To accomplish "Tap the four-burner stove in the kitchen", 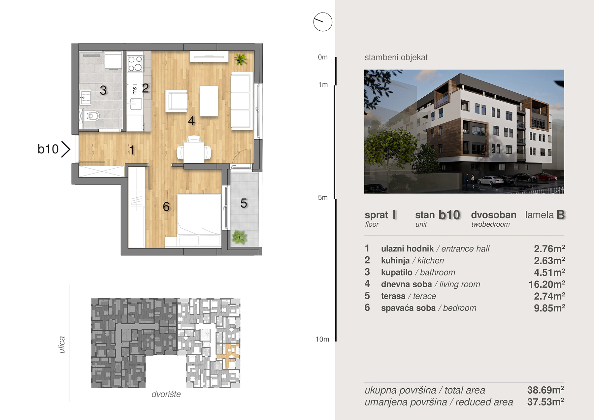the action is point(135,63).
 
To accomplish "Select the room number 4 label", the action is point(191,121).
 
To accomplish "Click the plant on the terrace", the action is point(239,237).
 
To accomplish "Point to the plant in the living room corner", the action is point(241,59).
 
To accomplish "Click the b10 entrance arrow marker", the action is point(66,149).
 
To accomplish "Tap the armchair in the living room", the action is point(176,101).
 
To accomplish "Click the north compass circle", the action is point(323,22).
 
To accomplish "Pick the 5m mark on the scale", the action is point(323,198).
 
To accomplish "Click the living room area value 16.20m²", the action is point(547,284).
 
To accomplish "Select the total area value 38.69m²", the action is point(545,390).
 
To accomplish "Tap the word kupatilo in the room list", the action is point(397,272).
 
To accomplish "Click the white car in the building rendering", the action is point(490,180).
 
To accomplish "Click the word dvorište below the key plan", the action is point(166,394).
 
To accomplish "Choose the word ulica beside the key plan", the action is point(62,345).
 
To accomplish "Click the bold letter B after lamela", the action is point(561,215).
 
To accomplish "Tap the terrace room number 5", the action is point(244,203).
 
